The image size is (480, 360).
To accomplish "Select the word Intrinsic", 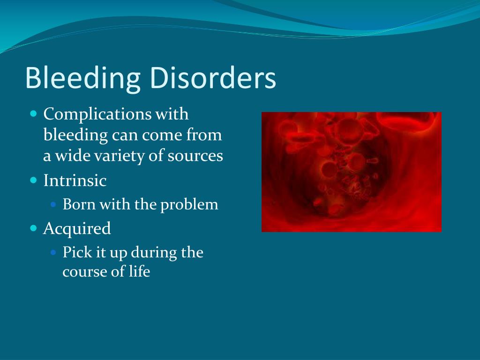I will coord(75,181).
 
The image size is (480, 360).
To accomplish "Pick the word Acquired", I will coord(77,229).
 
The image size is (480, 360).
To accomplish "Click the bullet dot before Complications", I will coord(33,114).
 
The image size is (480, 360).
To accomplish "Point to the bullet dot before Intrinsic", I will coord(33,180).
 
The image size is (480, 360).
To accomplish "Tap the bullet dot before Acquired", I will coord(33,228).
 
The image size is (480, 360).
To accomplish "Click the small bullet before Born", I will coord(53,205).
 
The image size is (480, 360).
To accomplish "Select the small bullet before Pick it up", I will coord(53,253).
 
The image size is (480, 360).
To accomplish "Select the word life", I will coord(139,272).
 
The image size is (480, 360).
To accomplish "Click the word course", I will coord(85,272).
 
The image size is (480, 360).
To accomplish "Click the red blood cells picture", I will coord(352,172).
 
